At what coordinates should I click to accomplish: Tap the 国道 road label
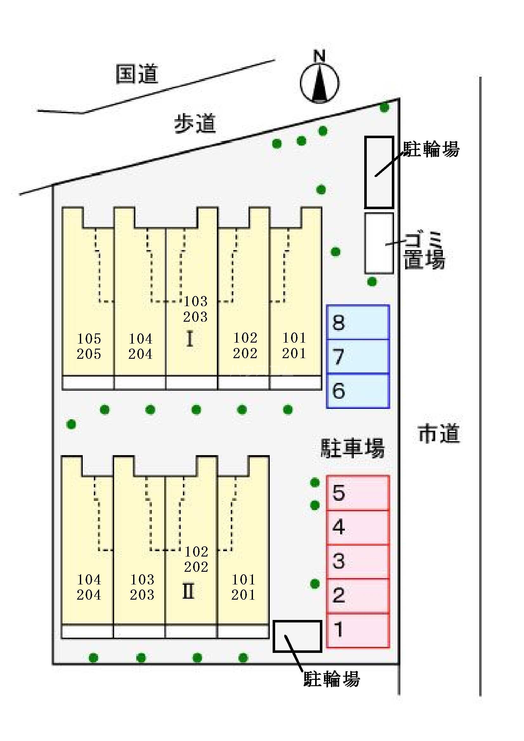pyautogui.click(x=137, y=74)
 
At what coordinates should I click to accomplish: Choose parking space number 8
pyautogui.click(x=358, y=322)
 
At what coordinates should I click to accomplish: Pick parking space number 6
pyautogui.click(x=358, y=390)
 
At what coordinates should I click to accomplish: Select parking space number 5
pyautogui.click(x=358, y=493)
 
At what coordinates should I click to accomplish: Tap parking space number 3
pyautogui.click(x=358, y=561)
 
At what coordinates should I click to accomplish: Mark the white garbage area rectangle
pyautogui.click(x=379, y=243)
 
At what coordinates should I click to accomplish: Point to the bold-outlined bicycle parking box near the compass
pyautogui.click(x=379, y=172)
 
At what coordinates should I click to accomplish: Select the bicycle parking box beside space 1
pyautogui.click(x=297, y=636)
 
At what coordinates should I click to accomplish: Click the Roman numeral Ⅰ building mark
pyautogui.click(x=190, y=339)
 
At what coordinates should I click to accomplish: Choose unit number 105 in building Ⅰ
pyautogui.click(x=89, y=338)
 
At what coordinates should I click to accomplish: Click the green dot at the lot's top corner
pyautogui.click(x=384, y=107)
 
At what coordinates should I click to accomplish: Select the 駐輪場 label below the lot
pyautogui.click(x=332, y=678)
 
